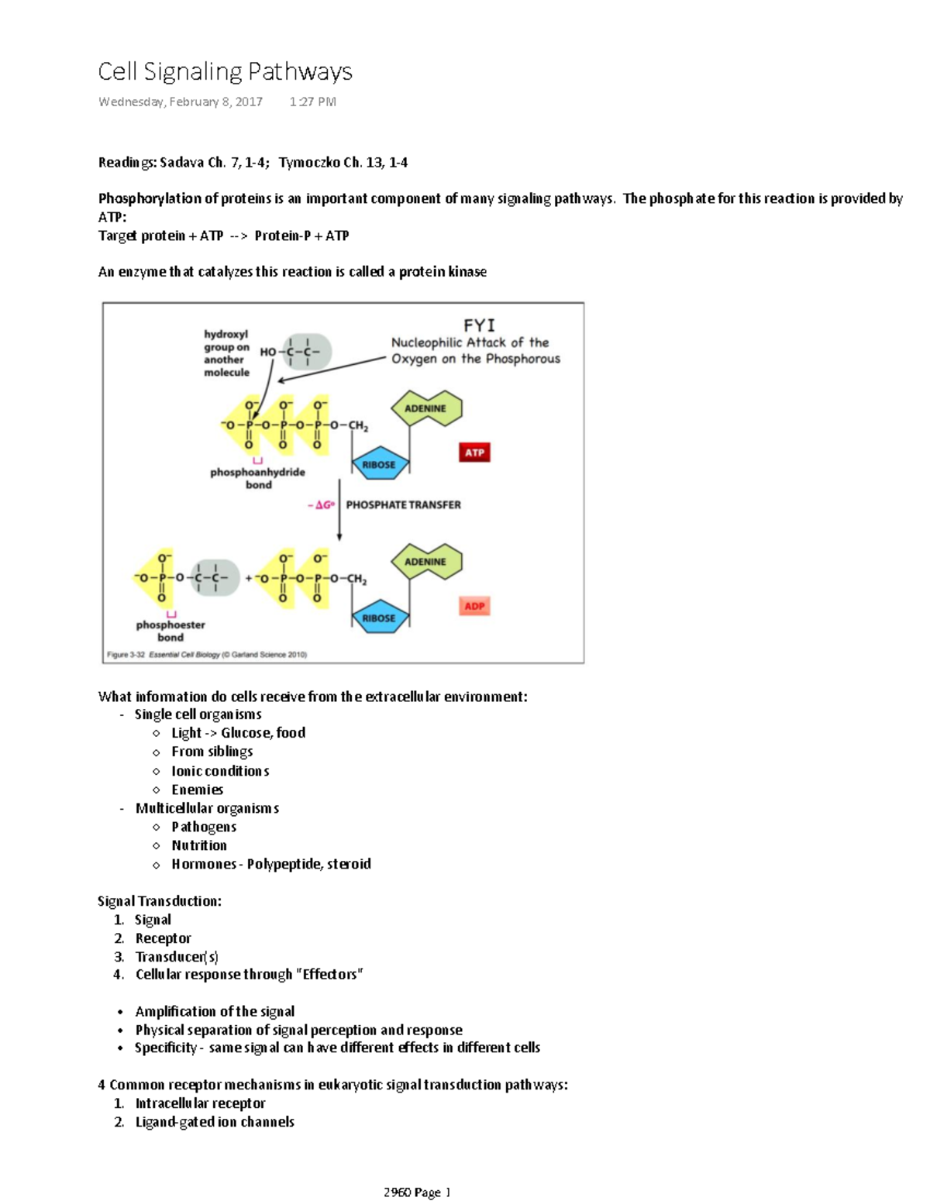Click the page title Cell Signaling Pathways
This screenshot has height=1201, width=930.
pyautogui.click(x=225, y=72)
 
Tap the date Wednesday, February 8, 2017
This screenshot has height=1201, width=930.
pyautogui.click(x=180, y=102)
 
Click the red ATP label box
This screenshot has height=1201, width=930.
pyautogui.click(x=474, y=453)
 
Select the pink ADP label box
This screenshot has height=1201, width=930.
pyautogui.click(x=474, y=606)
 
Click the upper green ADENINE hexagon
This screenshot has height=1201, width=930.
pyautogui.click(x=425, y=408)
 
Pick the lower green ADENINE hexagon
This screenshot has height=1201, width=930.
pyautogui.click(x=425, y=562)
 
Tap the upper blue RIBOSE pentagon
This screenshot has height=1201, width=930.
pyautogui.click(x=378, y=465)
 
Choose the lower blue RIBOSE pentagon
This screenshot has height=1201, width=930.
pyautogui.click(x=378, y=618)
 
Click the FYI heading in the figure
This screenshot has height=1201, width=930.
pyautogui.click(x=478, y=325)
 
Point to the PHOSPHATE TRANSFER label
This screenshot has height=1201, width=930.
pyautogui.click(x=403, y=504)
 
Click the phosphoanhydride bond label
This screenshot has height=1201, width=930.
pyautogui.click(x=257, y=478)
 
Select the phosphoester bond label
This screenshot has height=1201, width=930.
pyautogui.click(x=170, y=631)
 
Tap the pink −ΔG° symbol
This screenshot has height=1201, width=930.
pyautogui.click(x=321, y=504)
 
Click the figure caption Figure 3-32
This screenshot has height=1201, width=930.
pyautogui.click(x=206, y=655)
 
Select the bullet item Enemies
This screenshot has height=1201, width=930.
pyautogui.click(x=197, y=790)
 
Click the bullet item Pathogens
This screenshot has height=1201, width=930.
pyautogui.click(x=204, y=827)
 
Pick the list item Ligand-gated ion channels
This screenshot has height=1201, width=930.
pyautogui.click(x=215, y=1122)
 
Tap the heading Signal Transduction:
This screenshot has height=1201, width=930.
pyautogui.click(x=160, y=901)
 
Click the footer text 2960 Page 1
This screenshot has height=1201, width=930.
pyautogui.click(x=416, y=1192)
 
